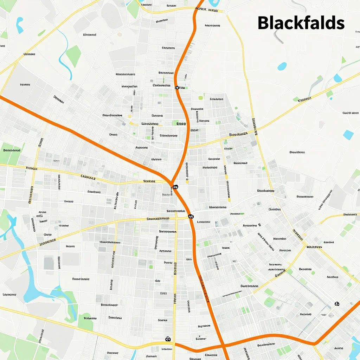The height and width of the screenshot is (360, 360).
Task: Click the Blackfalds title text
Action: (301, 23)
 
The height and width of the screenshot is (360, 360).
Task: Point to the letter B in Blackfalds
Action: (264, 23)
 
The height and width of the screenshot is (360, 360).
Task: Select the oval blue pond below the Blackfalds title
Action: (282, 66)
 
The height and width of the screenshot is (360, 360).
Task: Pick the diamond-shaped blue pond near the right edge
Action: (348, 135)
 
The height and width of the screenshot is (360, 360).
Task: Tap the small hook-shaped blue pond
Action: (19, 25)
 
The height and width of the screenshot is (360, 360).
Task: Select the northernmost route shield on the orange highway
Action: (177, 87)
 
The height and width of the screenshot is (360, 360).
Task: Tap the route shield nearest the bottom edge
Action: (168, 339)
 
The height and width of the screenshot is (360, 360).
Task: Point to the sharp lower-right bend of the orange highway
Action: (315, 343)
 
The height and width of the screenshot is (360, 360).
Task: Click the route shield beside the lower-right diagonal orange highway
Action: (337, 303)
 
